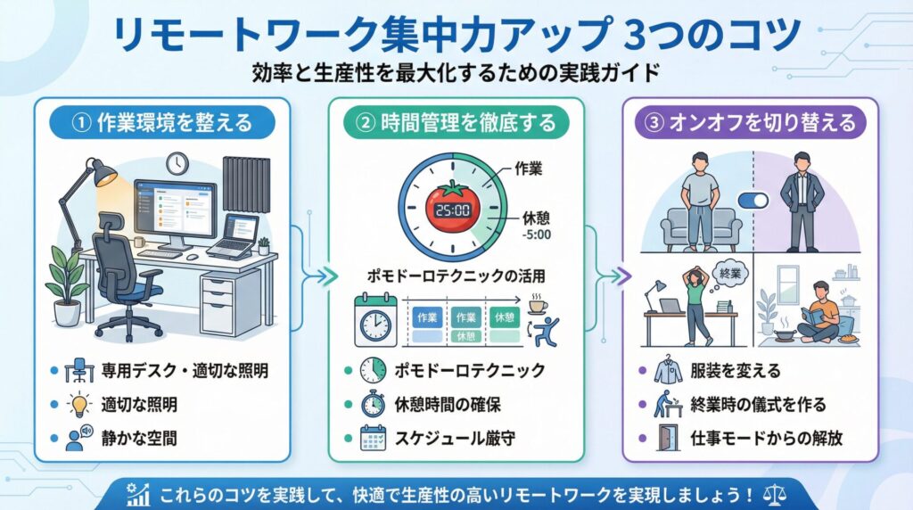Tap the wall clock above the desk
177,163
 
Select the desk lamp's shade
104,174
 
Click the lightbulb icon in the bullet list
79,404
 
